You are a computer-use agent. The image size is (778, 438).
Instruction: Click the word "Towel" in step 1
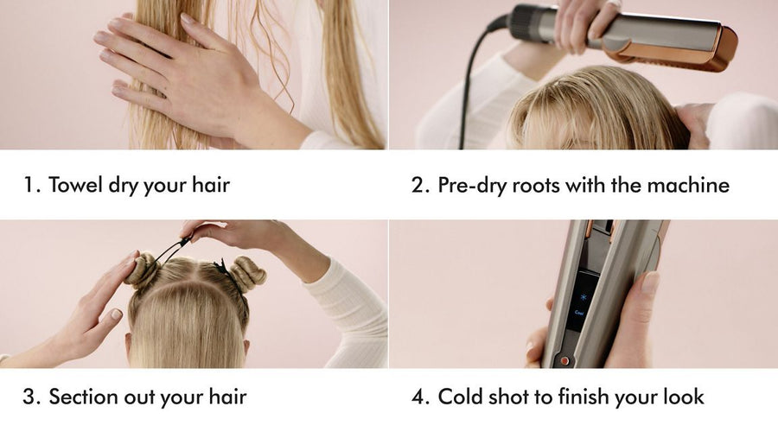[x=75, y=185]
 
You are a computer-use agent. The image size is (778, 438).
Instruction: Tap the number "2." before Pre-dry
[x=421, y=185]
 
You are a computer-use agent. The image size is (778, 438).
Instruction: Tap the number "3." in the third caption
[x=31, y=397]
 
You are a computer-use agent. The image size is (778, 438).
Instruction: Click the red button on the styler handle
[x=564, y=359]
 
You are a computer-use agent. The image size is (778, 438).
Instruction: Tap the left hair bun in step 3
[x=143, y=270]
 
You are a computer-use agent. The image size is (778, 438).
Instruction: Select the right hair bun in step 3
[x=247, y=273]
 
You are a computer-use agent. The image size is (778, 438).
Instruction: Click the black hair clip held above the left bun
[x=173, y=250]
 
